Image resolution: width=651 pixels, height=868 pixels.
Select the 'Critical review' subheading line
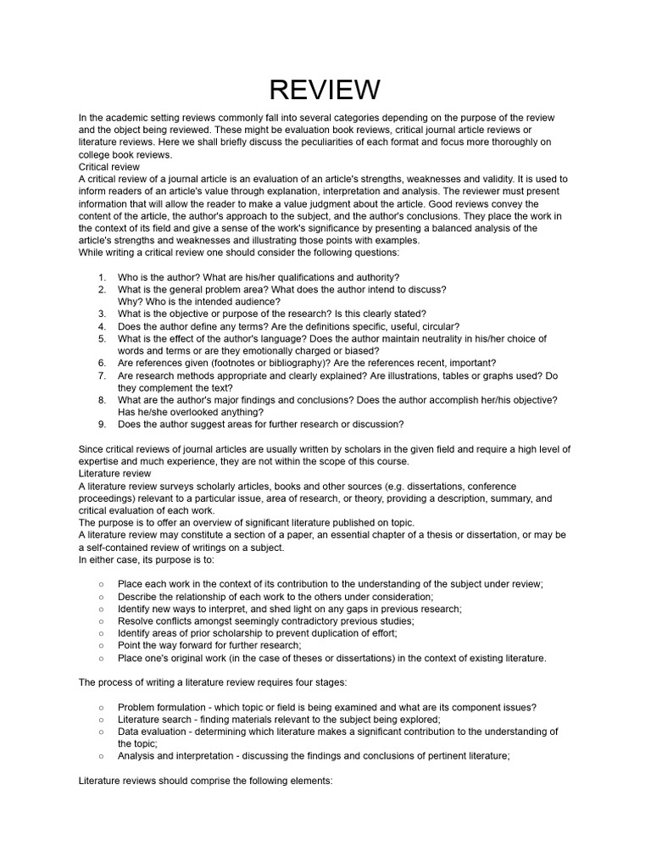click(x=108, y=167)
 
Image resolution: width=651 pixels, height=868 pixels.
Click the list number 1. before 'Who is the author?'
click(x=102, y=277)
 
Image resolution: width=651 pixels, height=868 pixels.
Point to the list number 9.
click(x=102, y=424)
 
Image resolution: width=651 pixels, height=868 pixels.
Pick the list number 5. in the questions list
click(x=102, y=338)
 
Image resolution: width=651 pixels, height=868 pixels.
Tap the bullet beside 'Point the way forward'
click(x=102, y=645)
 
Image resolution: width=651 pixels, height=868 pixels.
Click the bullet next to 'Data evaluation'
click(x=102, y=732)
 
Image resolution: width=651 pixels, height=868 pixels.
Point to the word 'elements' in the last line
click(x=309, y=780)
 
